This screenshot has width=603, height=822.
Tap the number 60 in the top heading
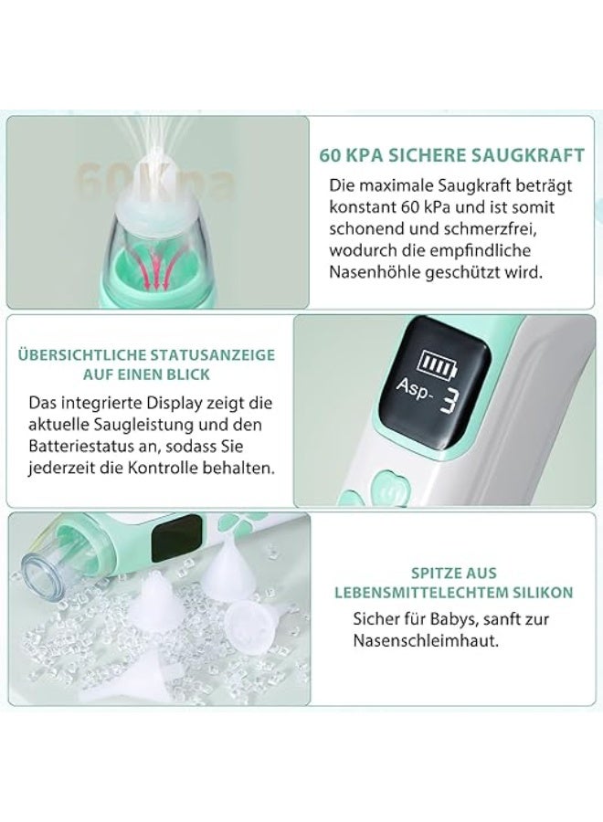tap(329, 155)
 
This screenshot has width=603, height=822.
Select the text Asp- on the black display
tap(414, 388)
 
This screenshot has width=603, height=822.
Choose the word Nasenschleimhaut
tap(425, 640)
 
